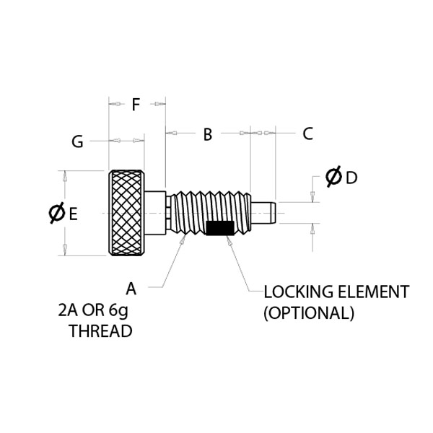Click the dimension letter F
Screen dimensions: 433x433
tap(136, 105)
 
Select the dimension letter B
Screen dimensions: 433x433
tap(208, 134)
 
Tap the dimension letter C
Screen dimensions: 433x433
tap(307, 134)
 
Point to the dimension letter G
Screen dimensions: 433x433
tap(77, 141)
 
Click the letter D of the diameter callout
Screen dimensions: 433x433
tap(351, 178)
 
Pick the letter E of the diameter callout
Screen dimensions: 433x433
tap(73, 214)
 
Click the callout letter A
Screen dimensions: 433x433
tap(131, 289)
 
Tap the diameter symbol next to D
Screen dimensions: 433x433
tap(333, 177)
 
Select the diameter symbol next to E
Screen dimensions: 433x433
tap(57, 213)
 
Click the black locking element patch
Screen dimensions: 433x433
tap(220, 228)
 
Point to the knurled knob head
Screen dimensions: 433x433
tap(126, 213)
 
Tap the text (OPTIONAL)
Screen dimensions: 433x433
tap(309, 313)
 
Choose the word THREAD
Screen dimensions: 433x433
tap(101, 331)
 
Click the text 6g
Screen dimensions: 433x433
tap(118, 310)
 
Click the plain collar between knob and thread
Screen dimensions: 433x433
tap(155, 213)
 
